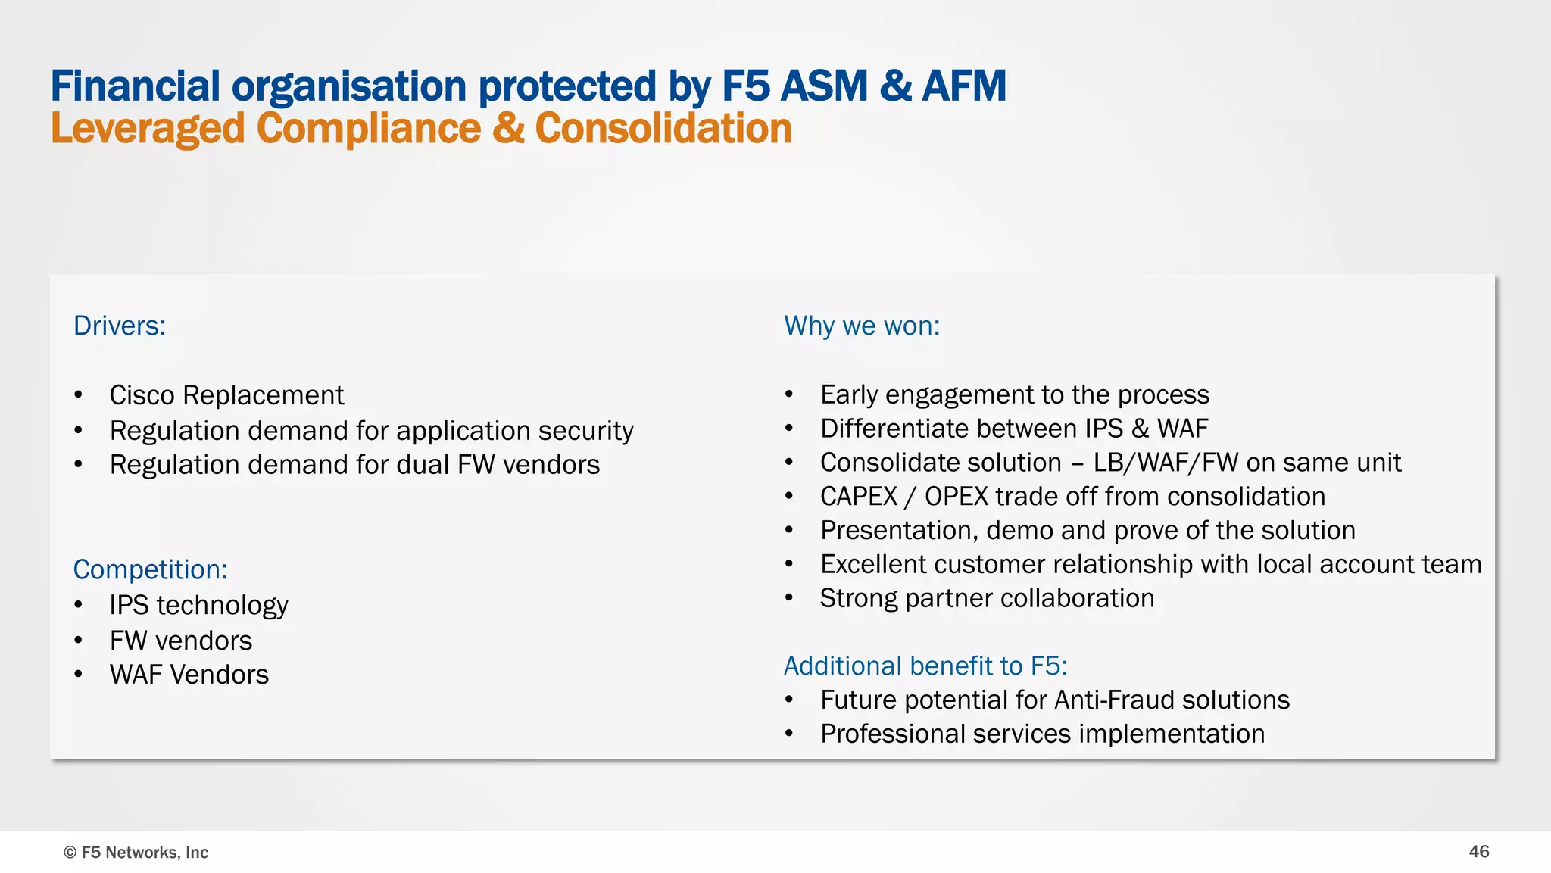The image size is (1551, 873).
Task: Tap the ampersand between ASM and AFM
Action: pyautogui.click(x=896, y=86)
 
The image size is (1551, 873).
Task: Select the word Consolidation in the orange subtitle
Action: pyautogui.click(x=663, y=129)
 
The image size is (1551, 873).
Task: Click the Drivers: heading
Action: pyautogui.click(x=120, y=326)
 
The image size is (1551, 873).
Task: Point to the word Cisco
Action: pyautogui.click(x=142, y=395)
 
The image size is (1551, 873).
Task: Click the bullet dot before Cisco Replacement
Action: pyautogui.click(x=78, y=395)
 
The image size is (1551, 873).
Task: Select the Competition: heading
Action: pyautogui.click(x=150, y=569)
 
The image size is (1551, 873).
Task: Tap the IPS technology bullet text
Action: pyautogui.click(x=198, y=605)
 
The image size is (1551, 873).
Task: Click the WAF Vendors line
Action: pyautogui.click(x=189, y=675)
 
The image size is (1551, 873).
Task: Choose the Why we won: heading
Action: pyautogui.click(x=862, y=326)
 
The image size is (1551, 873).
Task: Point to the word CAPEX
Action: pyautogui.click(x=859, y=497)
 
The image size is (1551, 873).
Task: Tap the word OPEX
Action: pyautogui.click(x=957, y=497)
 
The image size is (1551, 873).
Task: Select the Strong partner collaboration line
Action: pyautogui.click(x=987, y=598)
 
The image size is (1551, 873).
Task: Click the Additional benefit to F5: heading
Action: pyautogui.click(x=925, y=666)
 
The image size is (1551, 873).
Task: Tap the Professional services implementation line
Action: pyautogui.click(x=1042, y=734)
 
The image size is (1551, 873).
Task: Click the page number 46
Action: pyautogui.click(x=1478, y=852)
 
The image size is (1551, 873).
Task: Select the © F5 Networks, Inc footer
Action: pyautogui.click(x=136, y=853)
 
